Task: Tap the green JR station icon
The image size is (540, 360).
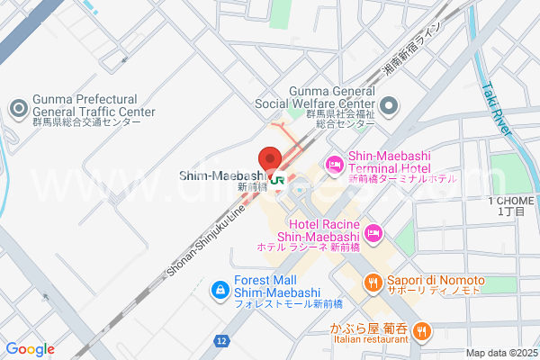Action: point(279,179)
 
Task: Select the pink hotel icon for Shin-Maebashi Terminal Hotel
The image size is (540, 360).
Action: point(333,164)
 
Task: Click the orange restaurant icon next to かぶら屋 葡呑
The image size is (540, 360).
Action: point(420,331)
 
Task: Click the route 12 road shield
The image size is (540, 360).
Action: point(221,340)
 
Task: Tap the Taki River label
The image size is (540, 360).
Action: point(498,109)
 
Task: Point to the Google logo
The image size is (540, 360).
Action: point(30,349)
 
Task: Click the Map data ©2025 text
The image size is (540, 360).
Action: point(500,353)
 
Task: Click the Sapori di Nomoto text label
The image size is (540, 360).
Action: point(436,281)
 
